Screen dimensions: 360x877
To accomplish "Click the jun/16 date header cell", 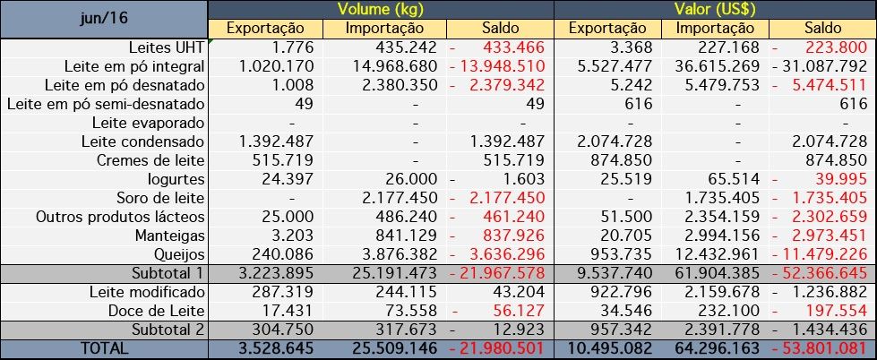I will (103, 18).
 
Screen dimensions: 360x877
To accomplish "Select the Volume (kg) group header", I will (381, 10).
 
